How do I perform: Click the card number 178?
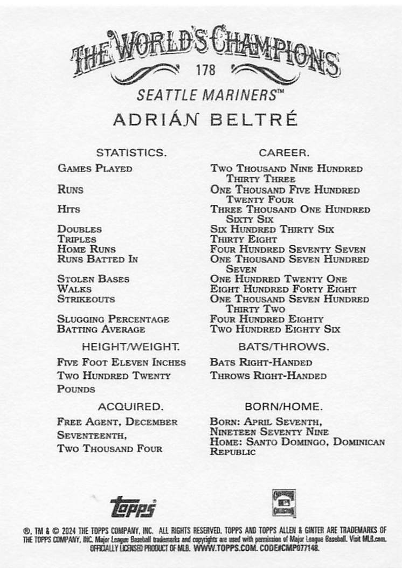[206, 70]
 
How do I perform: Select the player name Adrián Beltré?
[205, 119]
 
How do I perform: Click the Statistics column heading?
[131, 153]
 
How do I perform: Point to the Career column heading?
[283, 153]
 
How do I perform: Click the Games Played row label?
[95, 168]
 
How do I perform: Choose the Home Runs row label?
[86, 249]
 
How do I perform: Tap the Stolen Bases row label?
[86, 279]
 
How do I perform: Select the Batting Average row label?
[101, 329]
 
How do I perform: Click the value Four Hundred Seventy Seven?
[288, 249]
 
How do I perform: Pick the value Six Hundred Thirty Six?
[272, 229]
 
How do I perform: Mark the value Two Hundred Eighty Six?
[275, 329]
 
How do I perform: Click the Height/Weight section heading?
[130, 347]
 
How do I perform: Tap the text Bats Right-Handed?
[261, 362]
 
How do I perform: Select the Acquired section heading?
[130, 406]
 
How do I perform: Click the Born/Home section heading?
[283, 406]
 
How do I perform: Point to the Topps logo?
[133, 506]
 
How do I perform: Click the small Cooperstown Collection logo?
[283, 503]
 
